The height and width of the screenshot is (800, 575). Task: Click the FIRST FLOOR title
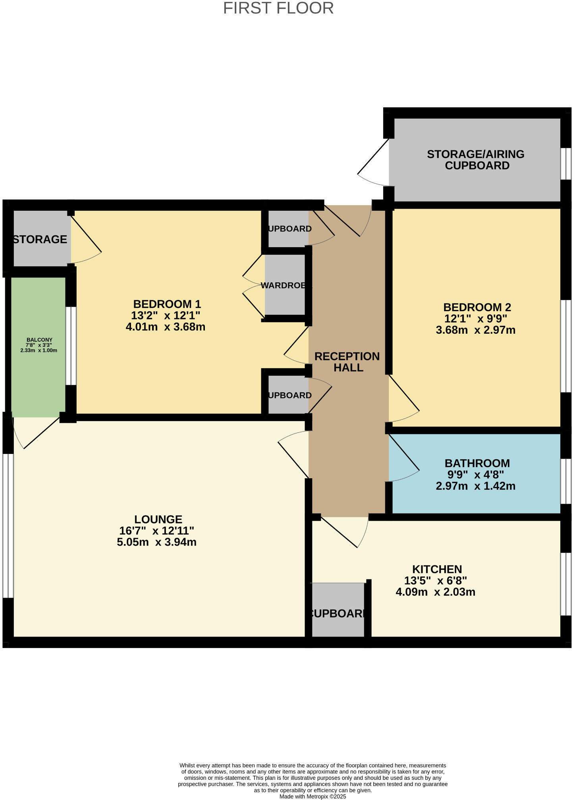[x=278, y=8]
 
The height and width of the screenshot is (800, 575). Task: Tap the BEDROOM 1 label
[x=167, y=304]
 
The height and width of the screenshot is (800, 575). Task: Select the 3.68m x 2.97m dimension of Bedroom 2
[x=475, y=330]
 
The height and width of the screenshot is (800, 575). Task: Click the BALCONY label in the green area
[x=39, y=340]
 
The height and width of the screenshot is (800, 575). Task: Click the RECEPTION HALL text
[x=347, y=362]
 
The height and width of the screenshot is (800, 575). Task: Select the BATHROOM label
[x=477, y=463]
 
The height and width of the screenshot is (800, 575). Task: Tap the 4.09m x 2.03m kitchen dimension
[x=435, y=592]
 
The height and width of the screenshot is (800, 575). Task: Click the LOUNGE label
[x=158, y=519]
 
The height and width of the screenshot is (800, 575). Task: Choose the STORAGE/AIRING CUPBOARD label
[x=476, y=160]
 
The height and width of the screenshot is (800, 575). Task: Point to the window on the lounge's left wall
[x=8, y=525]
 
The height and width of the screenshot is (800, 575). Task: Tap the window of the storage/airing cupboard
[x=565, y=164]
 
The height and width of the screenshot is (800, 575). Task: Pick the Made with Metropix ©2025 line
[x=313, y=796]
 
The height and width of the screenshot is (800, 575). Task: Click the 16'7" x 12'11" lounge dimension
[x=156, y=531]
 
